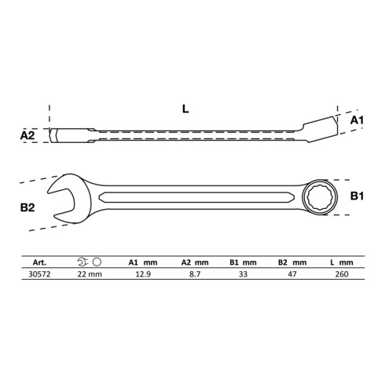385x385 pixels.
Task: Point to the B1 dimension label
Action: pyautogui.click(x=356, y=195)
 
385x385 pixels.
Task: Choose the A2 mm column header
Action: pyautogui.click(x=193, y=263)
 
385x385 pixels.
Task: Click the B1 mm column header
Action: pyautogui.click(x=244, y=263)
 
